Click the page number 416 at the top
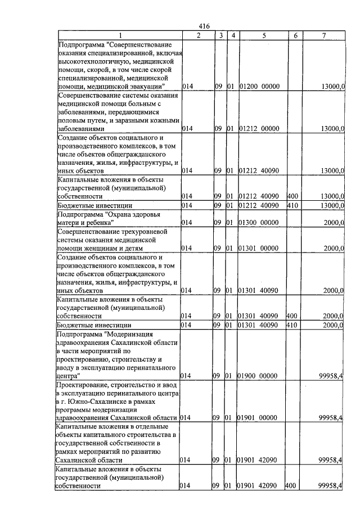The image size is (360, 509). pyautogui.click(x=204, y=26)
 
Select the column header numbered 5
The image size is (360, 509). pyautogui.click(x=263, y=35)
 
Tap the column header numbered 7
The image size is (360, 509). pyautogui.click(x=323, y=35)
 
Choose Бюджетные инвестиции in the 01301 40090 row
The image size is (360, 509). pyautogui.click(x=94, y=325)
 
